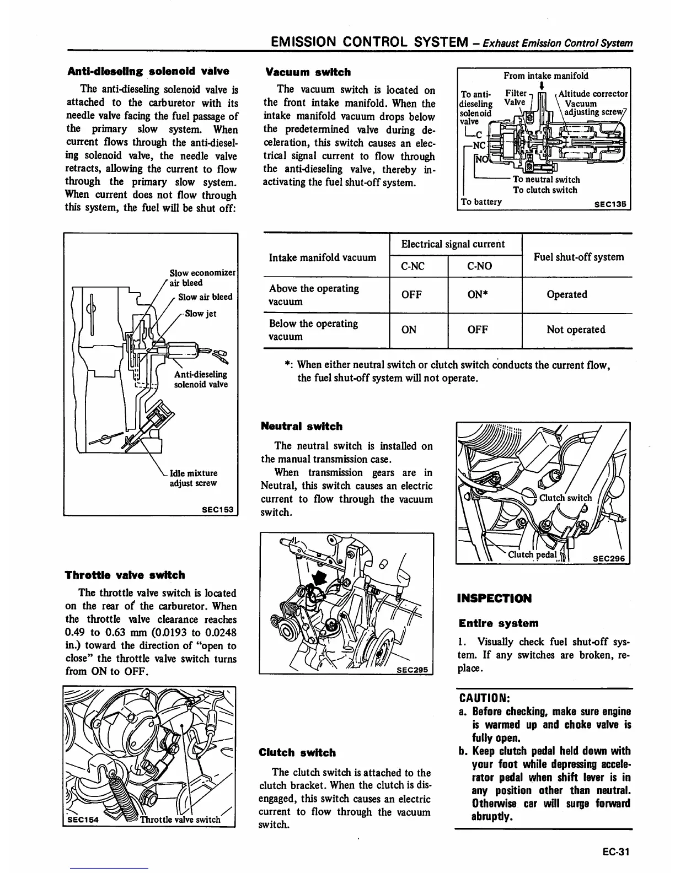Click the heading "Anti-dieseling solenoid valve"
tap(148, 71)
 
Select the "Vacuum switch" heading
tap(307, 72)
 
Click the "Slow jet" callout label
tap(200, 314)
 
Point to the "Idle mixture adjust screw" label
tap(193, 478)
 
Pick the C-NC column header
tap(413, 266)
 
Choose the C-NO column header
tap(479, 266)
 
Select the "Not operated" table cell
tap(576, 330)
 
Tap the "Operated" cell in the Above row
tap(566, 294)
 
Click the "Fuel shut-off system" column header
tap(578, 257)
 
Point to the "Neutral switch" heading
tap(301, 427)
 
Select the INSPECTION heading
tap(495, 599)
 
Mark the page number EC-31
tap(615, 852)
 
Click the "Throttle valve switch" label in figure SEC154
tap(180, 820)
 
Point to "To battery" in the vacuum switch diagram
tap(481, 202)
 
